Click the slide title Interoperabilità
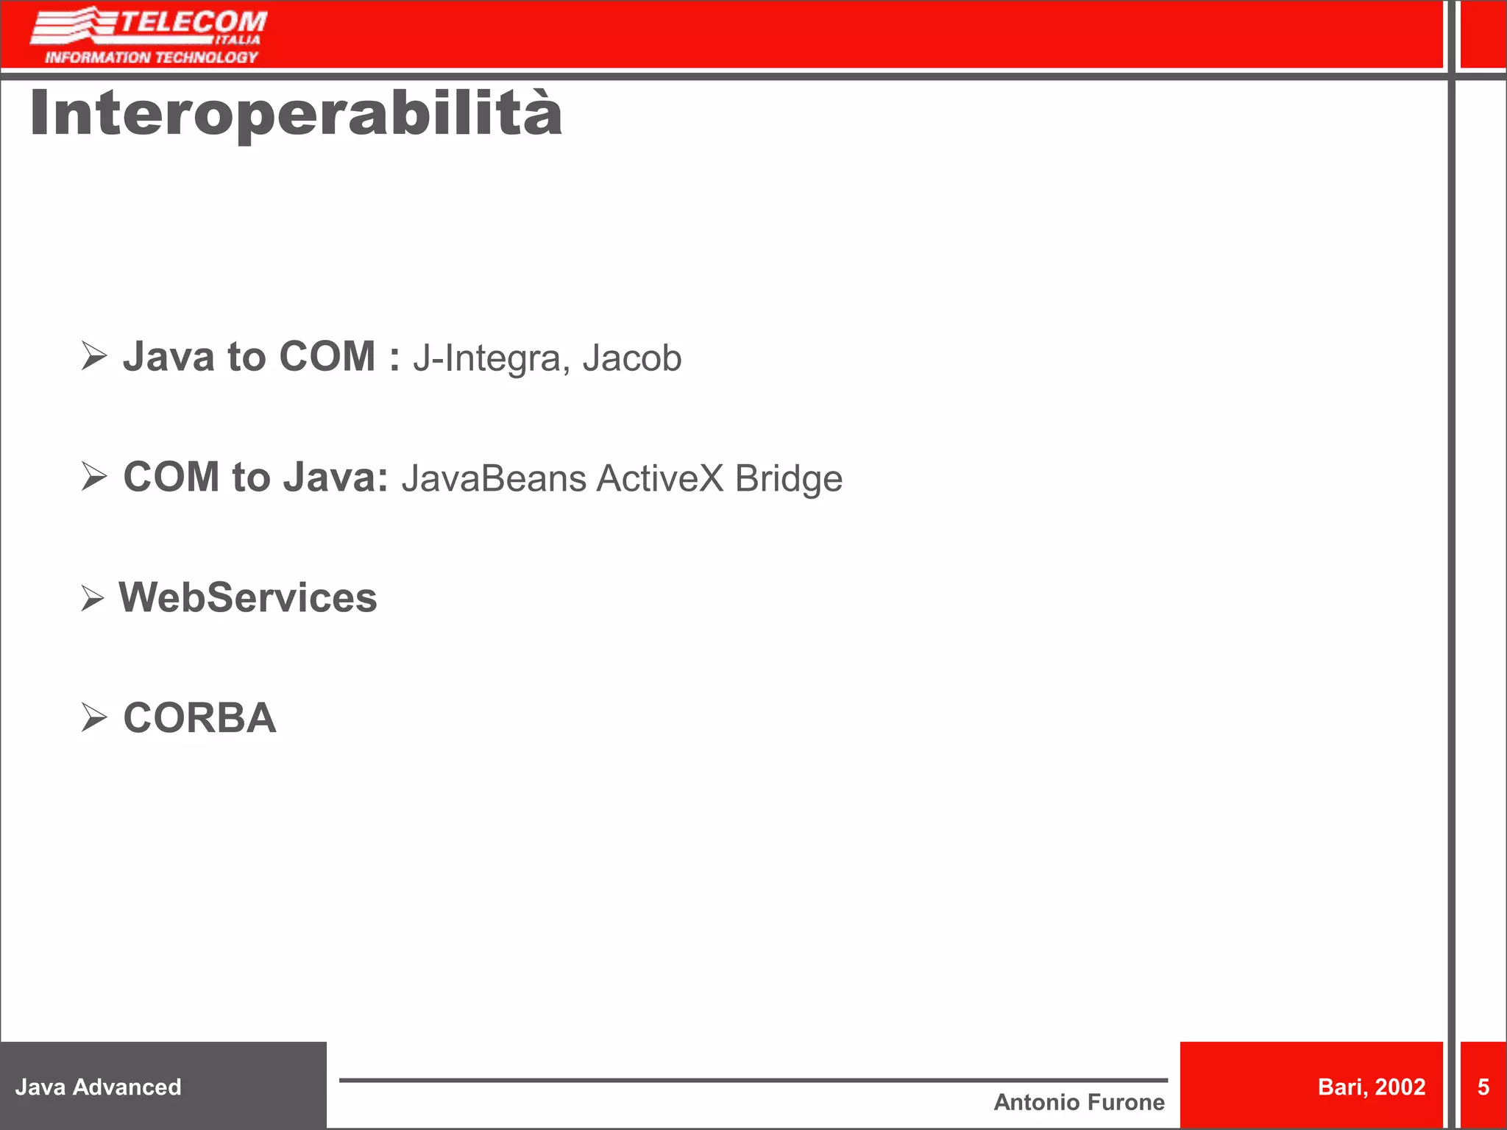click(x=296, y=114)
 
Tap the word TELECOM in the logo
click(x=193, y=22)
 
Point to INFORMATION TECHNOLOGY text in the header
click(x=152, y=57)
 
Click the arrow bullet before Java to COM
click(x=94, y=356)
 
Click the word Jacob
click(x=631, y=358)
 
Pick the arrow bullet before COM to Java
click(x=94, y=477)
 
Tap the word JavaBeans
click(x=493, y=478)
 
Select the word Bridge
click(x=788, y=480)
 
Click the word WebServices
click(x=248, y=597)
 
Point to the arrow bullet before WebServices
click(x=93, y=598)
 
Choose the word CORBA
click(x=199, y=718)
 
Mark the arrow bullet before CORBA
click(x=94, y=717)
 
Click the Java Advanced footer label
click(x=98, y=1087)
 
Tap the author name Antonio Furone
click(x=1079, y=1102)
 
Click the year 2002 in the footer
click(x=1400, y=1087)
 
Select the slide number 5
click(x=1483, y=1087)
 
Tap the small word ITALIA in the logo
click(x=238, y=40)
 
